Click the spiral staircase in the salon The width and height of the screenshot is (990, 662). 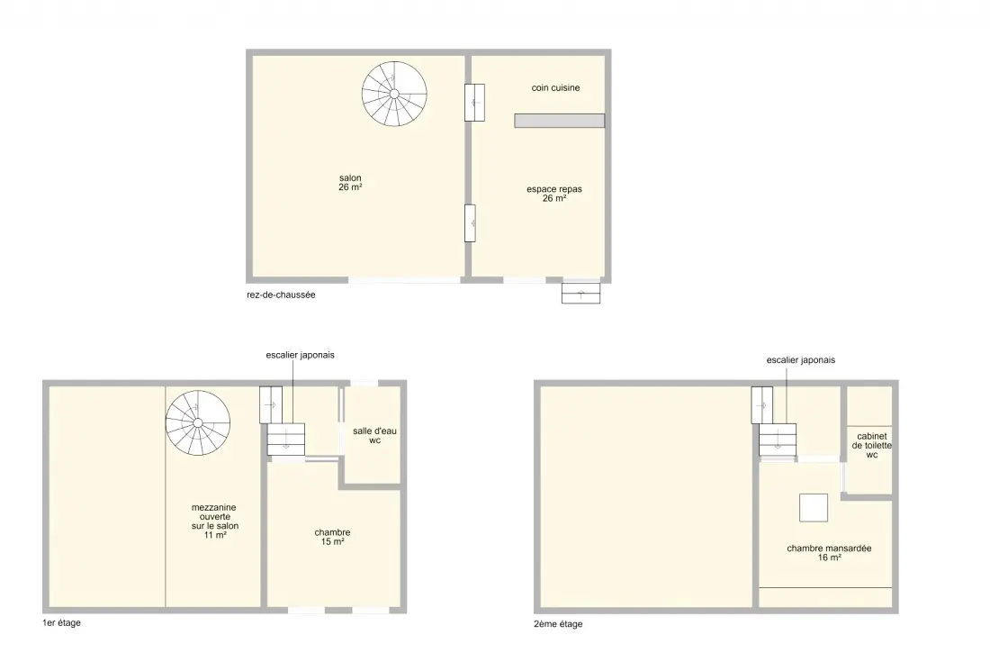tap(394, 94)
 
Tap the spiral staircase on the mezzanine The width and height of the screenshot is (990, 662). tap(198, 422)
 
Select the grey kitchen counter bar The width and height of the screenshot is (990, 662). tap(560, 121)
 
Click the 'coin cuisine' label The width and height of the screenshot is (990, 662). tap(555, 87)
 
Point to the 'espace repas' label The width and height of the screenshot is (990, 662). tap(554, 189)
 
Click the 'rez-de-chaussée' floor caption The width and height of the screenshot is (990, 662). tap(281, 295)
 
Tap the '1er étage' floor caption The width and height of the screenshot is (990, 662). tap(62, 623)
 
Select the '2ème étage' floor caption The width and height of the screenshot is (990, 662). tap(558, 624)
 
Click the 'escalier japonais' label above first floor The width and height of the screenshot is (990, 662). tap(300, 355)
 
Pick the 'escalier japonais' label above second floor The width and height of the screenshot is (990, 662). tap(801, 360)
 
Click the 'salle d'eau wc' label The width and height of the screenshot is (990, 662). tap(375, 436)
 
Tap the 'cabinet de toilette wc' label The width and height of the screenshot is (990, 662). tap(872, 445)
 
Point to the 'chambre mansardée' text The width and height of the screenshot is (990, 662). tap(829, 549)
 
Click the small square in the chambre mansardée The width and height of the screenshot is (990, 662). tap(814, 507)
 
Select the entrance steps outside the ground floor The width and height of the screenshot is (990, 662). tap(580, 293)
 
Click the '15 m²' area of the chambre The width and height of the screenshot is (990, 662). tap(333, 542)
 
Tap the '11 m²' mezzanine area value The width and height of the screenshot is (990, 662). tap(215, 535)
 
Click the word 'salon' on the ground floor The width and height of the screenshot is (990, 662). tap(350, 178)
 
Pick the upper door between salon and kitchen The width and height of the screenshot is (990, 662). tap(475, 103)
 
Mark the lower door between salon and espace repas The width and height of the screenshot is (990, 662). tap(471, 223)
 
